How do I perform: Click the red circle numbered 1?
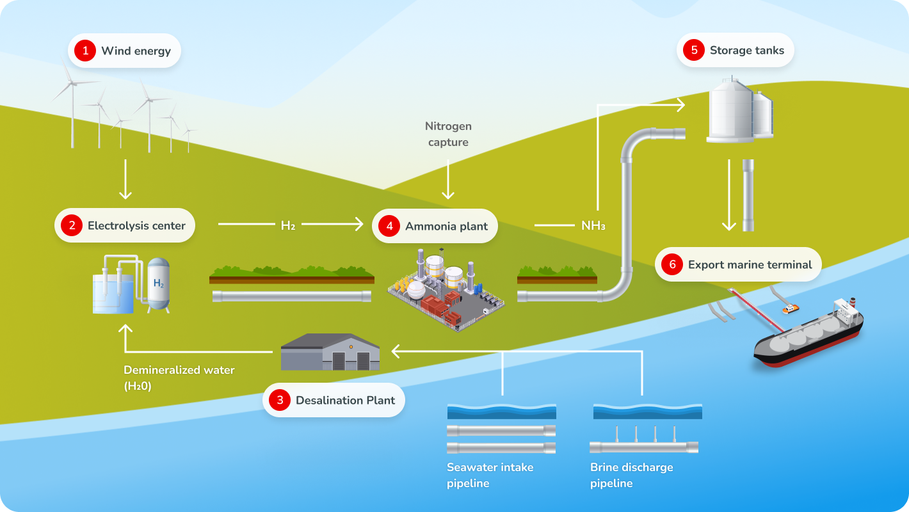click(84, 51)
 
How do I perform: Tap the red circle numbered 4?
click(390, 226)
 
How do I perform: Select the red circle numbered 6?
click(672, 264)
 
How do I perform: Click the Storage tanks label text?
click(746, 51)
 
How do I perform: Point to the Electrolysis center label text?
click(136, 225)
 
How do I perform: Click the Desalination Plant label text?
click(345, 401)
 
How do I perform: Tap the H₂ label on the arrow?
click(287, 225)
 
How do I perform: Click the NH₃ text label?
click(593, 225)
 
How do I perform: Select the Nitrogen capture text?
click(448, 134)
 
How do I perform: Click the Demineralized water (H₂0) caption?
click(179, 378)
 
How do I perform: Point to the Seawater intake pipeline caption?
click(490, 475)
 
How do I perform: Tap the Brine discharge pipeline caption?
click(631, 475)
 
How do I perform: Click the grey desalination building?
click(330, 352)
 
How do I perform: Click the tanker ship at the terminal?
click(808, 334)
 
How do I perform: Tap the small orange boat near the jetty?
click(790, 308)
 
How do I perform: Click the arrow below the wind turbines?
click(125, 179)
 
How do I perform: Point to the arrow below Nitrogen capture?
click(448, 179)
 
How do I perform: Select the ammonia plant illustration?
click(446, 290)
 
